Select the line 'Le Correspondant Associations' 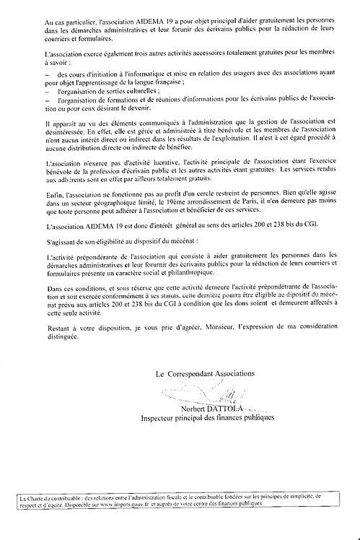tap(205, 373)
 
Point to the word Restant tap(55, 326)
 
